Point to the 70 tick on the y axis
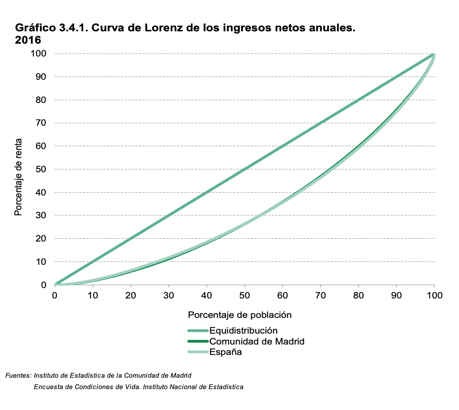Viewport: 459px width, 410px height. [x=40, y=123]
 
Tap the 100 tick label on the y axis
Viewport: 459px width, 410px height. [x=38, y=54]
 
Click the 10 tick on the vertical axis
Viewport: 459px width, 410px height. [x=40, y=261]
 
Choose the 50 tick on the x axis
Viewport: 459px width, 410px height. [x=244, y=295]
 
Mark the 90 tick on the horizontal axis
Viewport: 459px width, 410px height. [x=396, y=295]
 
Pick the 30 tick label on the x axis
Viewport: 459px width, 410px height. [x=169, y=295]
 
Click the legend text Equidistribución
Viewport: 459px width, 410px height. [x=243, y=330]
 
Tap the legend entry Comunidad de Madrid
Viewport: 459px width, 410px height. [x=256, y=341]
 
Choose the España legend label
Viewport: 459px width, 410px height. [x=225, y=352]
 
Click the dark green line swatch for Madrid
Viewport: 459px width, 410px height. [x=197, y=341]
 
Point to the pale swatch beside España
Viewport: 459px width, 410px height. [x=197, y=352]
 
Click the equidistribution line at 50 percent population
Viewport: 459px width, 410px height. [x=244, y=169]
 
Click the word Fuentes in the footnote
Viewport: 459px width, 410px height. [x=18, y=375]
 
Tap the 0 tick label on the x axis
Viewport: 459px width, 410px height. [x=55, y=295]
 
